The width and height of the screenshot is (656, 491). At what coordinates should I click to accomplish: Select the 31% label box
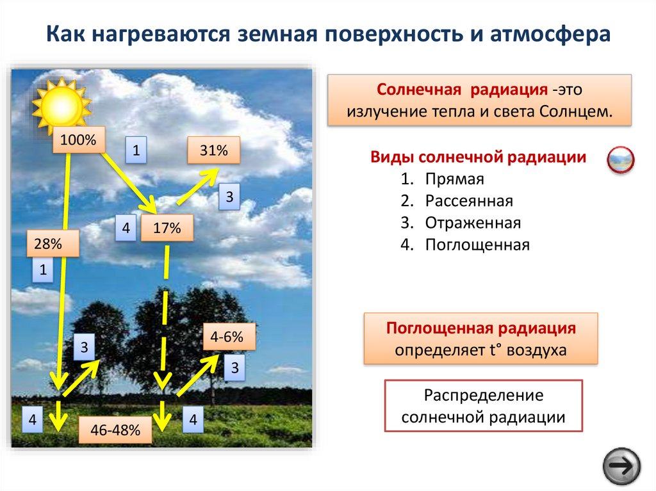214,151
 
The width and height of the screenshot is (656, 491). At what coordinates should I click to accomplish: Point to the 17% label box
167,228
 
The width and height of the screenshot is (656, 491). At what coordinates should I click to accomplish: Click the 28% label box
53,243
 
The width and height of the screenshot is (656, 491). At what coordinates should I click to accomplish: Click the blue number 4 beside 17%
126,229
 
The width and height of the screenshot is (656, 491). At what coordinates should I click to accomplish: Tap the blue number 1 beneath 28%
43,271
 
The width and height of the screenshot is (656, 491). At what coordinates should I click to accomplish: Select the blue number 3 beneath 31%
229,197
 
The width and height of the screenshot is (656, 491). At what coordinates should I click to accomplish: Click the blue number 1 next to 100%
136,151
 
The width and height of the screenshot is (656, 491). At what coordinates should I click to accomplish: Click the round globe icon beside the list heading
620,160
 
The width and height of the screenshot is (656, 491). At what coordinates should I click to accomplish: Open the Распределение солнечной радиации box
483,406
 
